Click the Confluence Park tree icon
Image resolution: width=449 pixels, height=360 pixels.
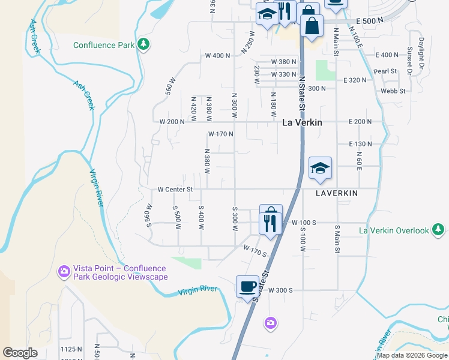pos(143,44)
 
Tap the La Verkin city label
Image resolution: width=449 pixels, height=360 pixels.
pos(302,122)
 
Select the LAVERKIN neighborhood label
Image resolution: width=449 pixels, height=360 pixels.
pos(337,193)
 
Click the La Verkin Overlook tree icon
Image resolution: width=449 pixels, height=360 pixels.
pos(439,230)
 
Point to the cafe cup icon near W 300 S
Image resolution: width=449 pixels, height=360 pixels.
pos(247,286)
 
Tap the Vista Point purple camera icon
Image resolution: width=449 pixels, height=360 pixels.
pos(64,272)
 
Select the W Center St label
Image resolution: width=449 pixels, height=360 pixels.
pos(175,189)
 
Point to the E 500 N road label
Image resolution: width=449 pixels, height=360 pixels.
pos(369,21)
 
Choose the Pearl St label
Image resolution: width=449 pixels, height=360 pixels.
pos(385,71)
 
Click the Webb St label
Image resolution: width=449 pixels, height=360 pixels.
pos(393,91)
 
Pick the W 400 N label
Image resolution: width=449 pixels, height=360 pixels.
pos(217,56)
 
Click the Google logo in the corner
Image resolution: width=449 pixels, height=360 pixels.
pos(20,352)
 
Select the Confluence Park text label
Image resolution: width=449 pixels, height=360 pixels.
pos(103,45)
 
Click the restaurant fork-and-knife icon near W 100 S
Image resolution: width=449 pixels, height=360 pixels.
pos(271,223)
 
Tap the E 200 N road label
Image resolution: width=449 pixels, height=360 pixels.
pos(360,122)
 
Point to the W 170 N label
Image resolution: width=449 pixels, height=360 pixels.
pos(220,134)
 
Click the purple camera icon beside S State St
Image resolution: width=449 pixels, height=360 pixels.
pos(271,323)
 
